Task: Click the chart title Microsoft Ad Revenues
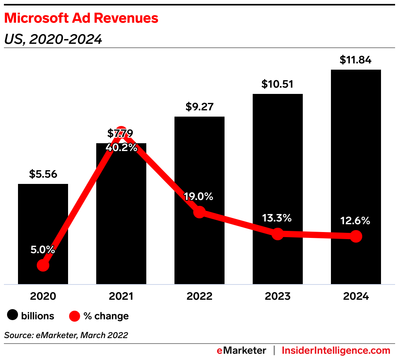pos(81,18)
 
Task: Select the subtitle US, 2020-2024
pos(53,39)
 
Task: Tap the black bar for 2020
pos(43,219)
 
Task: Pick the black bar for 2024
pos(356,157)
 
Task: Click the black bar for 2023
pos(278,164)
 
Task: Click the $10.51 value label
pos(277,84)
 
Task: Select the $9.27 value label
pos(199,107)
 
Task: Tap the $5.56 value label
pos(43,174)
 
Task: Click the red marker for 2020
pos(43,265)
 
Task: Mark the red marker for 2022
pos(199,212)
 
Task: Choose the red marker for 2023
pos(278,234)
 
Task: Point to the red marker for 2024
pos(356,236)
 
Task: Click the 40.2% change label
pos(121,148)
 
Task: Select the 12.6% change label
pos(356,221)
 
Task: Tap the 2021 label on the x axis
pos(121,296)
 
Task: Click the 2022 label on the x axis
pos(199,296)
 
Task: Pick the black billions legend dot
pos(13,315)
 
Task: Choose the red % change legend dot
pos(74,315)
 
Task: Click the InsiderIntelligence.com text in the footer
pos(336,350)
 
